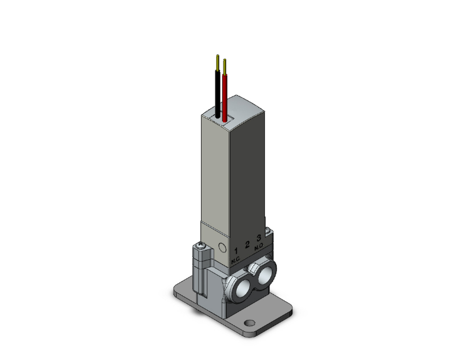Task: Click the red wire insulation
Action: click(225, 95)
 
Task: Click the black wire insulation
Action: click(217, 93)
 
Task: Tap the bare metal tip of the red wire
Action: click(224, 64)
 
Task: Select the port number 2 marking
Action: click(248, 245)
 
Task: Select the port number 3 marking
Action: click(259, 239)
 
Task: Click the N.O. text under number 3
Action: click(259, 247)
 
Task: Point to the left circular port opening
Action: click(239, 285)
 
